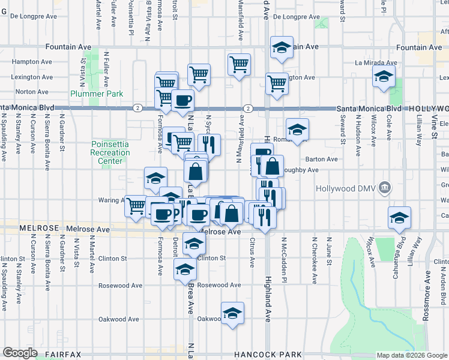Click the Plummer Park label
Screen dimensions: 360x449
[97, 94]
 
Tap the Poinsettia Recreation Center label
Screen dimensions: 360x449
[110, 152]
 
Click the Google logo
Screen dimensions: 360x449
[20, 353]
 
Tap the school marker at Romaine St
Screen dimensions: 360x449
[297, 128]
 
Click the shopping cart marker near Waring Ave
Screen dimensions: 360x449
[136, 205]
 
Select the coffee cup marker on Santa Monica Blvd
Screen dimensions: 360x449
[182, 100]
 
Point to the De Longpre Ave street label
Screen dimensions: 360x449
[297, 17]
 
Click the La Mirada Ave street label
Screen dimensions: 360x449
[376, 62]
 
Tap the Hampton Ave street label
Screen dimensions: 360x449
[31, 61]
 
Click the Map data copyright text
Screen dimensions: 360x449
[411, 355]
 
